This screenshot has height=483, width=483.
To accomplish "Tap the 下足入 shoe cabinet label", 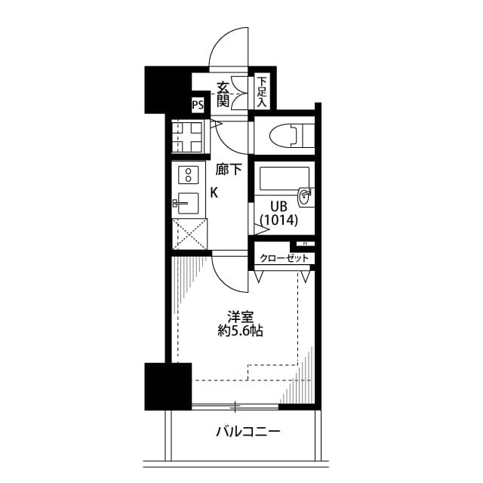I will pos(262,91).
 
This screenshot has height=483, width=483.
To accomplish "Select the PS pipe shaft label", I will pos(198,105).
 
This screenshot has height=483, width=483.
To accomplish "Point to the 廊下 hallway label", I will pos(229,170).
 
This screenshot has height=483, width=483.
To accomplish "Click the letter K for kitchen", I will pos(214,192).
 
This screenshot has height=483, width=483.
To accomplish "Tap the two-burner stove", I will pos(186,176).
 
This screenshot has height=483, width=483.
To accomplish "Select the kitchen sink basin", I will pos(187,203).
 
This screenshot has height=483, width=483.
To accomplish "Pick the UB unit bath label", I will pos(269,206).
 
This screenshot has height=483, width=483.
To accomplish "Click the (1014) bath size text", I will pos(279,221).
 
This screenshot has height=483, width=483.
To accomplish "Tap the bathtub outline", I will pos(284,179).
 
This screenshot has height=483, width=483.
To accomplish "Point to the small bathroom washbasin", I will pos(305,196).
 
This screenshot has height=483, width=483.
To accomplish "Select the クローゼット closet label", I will pos(285,259).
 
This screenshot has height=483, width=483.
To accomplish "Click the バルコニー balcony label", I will pos(248,432).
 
